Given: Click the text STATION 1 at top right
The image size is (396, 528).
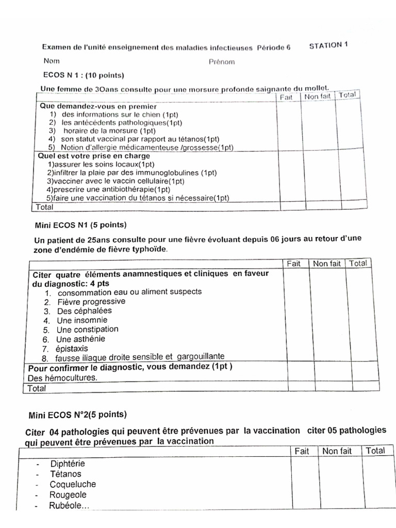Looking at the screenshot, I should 328,45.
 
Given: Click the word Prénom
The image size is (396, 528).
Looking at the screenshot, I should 221,62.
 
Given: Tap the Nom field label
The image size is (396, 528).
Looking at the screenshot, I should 52,61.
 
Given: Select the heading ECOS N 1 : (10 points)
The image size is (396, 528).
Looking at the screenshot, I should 84,75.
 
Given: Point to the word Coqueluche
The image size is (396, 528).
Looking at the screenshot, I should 73,484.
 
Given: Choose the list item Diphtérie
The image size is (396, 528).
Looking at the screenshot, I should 68,463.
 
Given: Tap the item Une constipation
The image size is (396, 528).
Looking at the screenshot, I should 87,329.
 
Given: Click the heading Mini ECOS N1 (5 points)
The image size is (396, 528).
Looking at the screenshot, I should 80,225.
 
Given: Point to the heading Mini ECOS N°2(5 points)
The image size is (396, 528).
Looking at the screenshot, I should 77,414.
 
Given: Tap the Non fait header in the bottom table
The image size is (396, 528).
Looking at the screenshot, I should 337,451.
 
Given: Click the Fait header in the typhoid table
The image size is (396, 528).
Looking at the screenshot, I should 293,263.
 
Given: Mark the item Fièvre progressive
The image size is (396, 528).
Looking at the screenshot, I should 91,301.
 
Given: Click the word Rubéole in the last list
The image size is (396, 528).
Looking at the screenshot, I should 69,505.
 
